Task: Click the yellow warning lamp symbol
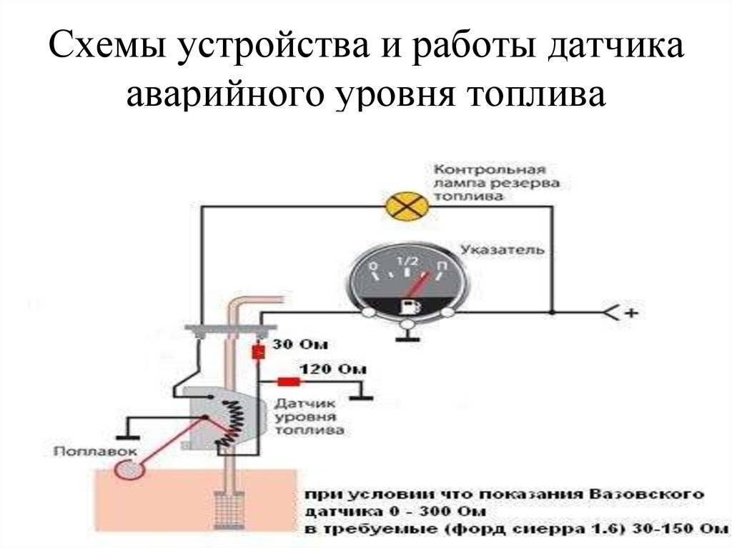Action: [407, 206]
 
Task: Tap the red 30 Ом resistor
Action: [258, 352]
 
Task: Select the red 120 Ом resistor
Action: [288, 382]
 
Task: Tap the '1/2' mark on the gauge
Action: [405, 261]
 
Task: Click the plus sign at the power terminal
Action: [630, 312]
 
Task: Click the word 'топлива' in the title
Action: [547, 94]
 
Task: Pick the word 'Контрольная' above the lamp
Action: [490, 170]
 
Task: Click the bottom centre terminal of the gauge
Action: [407, 326]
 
